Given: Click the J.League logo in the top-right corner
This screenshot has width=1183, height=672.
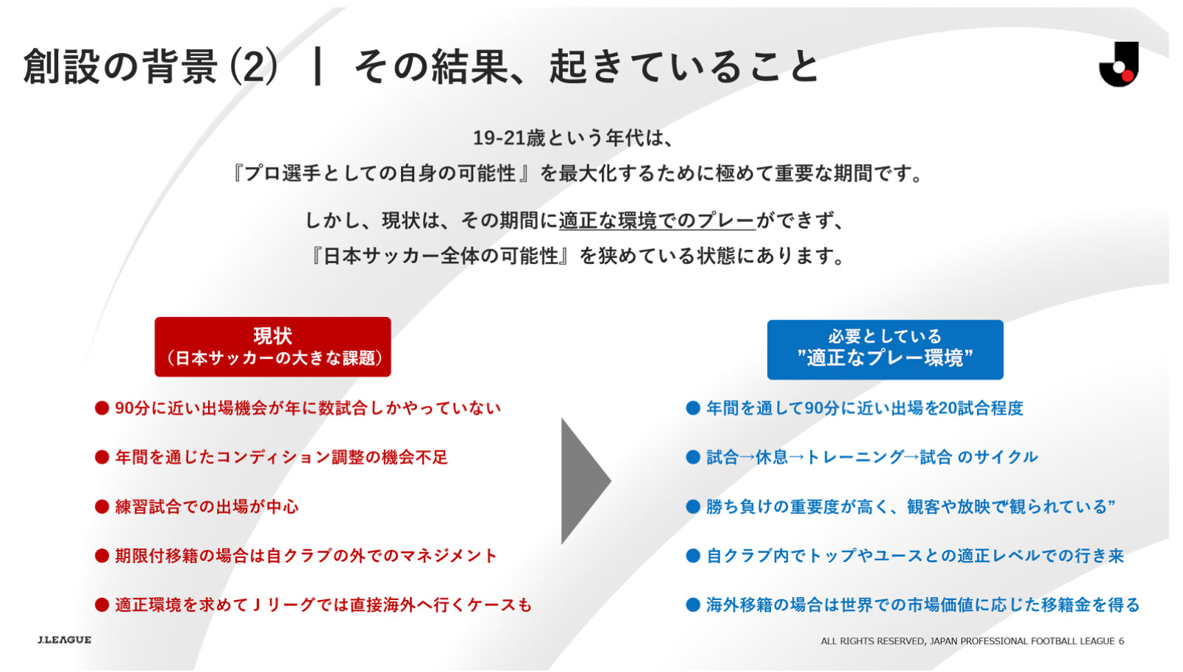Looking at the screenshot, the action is point(1119,64).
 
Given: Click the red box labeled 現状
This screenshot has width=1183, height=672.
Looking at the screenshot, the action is point(272,347).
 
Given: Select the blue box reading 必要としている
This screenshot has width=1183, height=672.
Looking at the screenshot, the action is point(885,349).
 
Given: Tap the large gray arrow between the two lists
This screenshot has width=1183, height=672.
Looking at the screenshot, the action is point(586,481).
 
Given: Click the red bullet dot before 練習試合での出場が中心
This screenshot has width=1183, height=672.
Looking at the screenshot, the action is point(102,507).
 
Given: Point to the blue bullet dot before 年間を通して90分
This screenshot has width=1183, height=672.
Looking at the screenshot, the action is point(693,408).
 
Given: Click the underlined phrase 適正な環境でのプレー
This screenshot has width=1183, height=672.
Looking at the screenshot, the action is point(657,221).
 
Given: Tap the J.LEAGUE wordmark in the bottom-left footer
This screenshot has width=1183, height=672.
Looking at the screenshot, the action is point(65,640).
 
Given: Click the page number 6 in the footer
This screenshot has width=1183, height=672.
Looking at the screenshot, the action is point(1121,641).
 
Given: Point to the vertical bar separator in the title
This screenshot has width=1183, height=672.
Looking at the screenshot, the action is point(317,66).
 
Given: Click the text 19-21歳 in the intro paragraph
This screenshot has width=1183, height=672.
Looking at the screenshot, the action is point(509,138).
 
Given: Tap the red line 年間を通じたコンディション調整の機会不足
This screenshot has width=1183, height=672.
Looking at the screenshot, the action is point(282,457).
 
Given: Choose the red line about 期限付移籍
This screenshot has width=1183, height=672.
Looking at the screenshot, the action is point(306,556).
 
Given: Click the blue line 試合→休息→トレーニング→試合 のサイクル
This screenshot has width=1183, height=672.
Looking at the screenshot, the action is point(873,457).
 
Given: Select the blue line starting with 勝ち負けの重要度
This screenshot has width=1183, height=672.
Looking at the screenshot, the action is point(911,507).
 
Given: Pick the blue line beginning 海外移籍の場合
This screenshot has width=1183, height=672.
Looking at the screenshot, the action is point(923,605).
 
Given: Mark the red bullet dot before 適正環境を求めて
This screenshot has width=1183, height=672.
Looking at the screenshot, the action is point(102,605).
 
